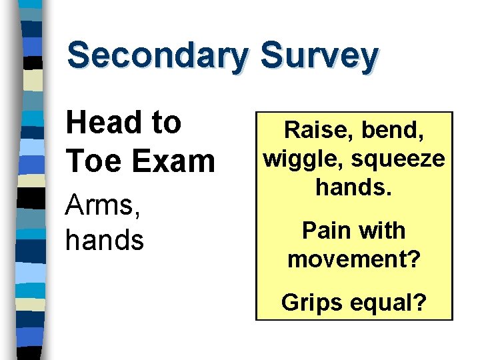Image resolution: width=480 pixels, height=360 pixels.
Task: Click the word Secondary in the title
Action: [x=157, y=56]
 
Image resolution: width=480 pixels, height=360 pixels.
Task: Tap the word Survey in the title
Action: [x=319, y=56]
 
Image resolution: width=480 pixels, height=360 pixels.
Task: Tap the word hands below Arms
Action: [x=105, y=239]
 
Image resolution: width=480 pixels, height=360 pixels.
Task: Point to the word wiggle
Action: [x=303, y=159]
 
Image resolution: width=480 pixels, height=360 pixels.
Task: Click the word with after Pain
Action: [x=382, y=231]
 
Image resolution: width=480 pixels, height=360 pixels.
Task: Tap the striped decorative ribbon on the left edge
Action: [x=29, y=180]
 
